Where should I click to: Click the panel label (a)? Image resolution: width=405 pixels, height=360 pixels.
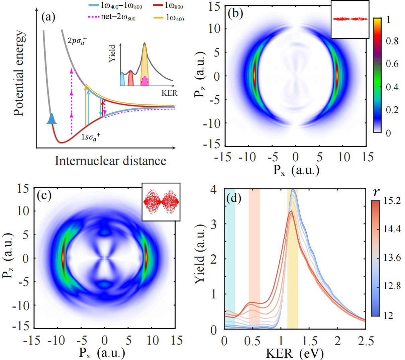pyautogui.click(x=47, y=17)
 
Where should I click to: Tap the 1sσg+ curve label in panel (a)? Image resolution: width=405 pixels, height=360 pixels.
pyautogui.click(x=90, y=137)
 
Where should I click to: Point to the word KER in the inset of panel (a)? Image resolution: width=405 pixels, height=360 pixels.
pyautogui.click(x=169, y=93)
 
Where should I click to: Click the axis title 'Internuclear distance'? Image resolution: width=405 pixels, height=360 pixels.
pyautogui.click(x=110, y=161)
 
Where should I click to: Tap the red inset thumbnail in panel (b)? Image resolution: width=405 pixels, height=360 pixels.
pyautogui.click(x=350, y=19)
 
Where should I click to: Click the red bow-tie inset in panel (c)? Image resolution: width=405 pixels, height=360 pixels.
pyautogui.click(x=161, y=202)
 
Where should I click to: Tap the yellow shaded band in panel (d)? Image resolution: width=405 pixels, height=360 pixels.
pyautogui.click(x=292, y=258)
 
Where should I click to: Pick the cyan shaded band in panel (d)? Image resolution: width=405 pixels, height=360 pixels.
pyautogui.click(x=230, y=258)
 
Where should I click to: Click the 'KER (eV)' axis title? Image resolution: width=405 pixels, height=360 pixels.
pyautogui.click(x=294, y=353)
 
